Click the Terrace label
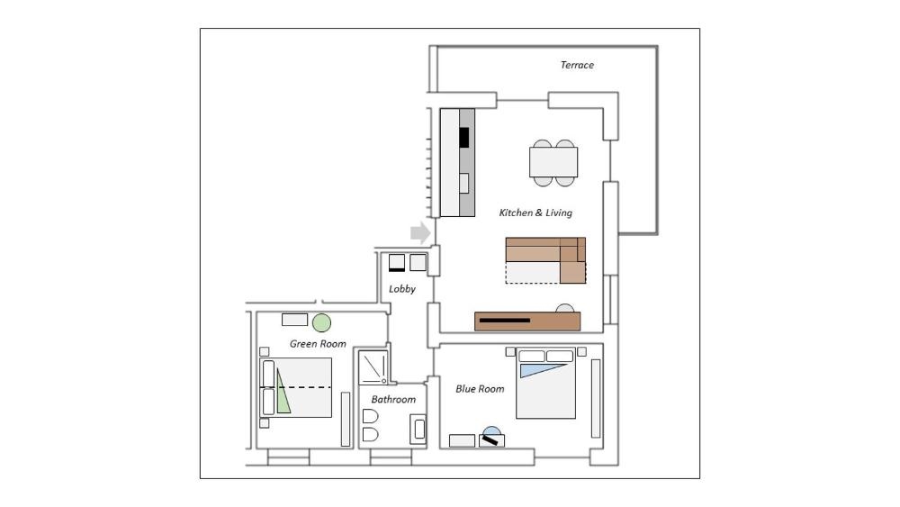[x=577, y=65]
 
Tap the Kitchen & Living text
[x=535, y=213]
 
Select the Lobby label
[x=401, y=289]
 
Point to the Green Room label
[x=318, y=344]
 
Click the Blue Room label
[x=480, y=389]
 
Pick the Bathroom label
[x=393, y=400]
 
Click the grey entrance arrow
[x=420, y=232]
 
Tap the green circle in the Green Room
[x=321, y=322]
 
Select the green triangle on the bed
[x=283, y=392]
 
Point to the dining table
[x=553, y=162]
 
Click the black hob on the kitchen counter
[x=463, y=137]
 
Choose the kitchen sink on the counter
[x=463, y=183]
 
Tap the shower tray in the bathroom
[x=373, y=368]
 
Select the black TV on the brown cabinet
[x=505, y=321]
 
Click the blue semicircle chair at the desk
[x=492, y=430]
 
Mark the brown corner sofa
[x=545, y=260]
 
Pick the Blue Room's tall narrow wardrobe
[x=596, y=398]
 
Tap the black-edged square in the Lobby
[x=397, y=262]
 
